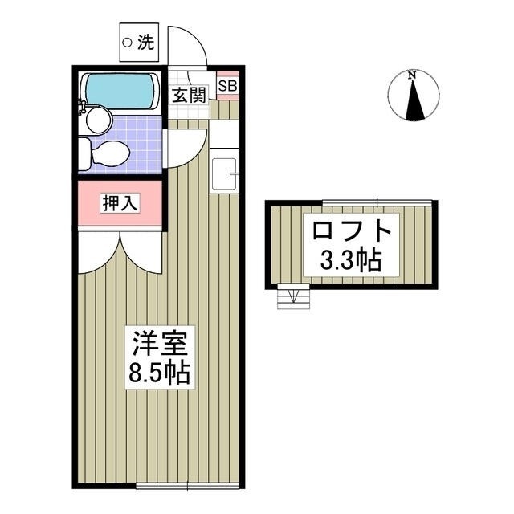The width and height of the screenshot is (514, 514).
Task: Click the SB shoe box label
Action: [x=227, y=85]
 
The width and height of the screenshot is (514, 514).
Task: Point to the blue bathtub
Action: [x=120, y=90]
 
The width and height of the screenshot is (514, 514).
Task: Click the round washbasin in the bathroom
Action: [x=98, y=120]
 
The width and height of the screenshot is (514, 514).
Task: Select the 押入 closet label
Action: [x=120, y=203]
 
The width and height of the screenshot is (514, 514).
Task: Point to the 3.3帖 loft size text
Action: [x=351, y=260]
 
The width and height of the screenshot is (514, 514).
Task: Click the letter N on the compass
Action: [x=411, y=76]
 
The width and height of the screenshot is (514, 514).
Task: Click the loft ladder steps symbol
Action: [x=291, y=297]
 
